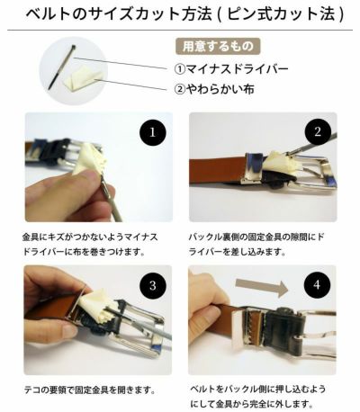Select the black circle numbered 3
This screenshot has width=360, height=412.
coord(152,287)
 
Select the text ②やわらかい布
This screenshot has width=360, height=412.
coord(224,89)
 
